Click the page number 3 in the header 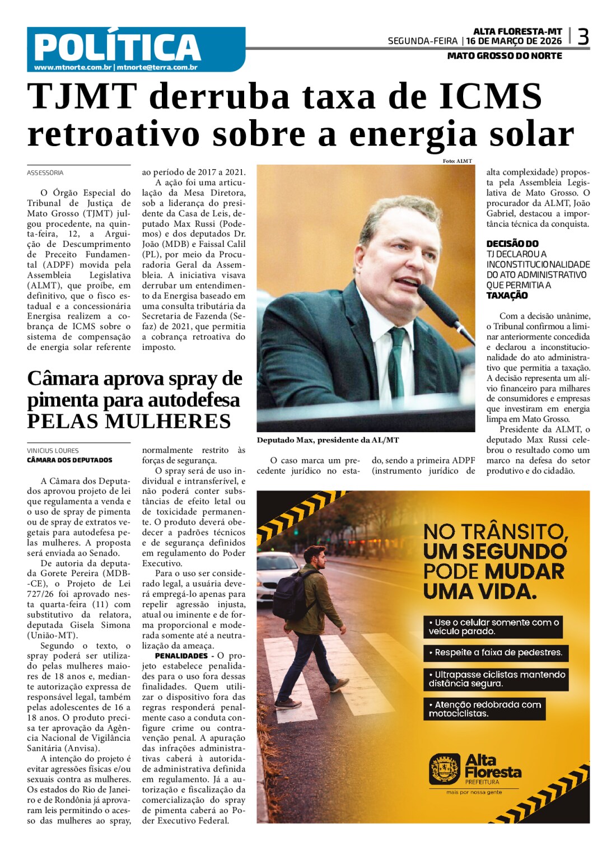[582, 37]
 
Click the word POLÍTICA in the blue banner [117, 46]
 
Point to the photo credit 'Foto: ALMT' [457, 161]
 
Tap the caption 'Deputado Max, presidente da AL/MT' [328, 440]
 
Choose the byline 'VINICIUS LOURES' [53, 451]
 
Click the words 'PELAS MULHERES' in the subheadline [129, 421]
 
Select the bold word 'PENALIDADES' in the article [181, 656]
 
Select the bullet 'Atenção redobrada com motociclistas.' [484, 709]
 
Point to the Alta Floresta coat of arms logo [445, 769]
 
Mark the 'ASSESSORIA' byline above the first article [45, 173]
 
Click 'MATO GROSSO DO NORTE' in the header [505, 56]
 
